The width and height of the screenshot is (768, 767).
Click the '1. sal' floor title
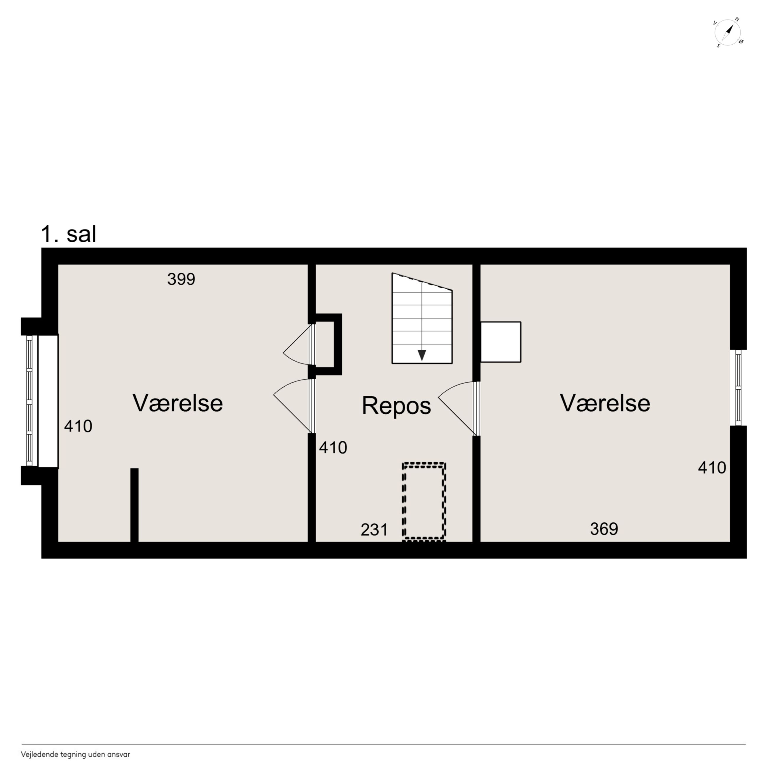(x=68, y=234)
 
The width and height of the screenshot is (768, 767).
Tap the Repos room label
(x=396, y=406)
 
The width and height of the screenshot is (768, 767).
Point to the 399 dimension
(x=181, y=279)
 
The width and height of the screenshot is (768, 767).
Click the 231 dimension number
(x=374, y=530)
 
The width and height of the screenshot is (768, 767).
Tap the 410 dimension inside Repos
(x=333, y=448)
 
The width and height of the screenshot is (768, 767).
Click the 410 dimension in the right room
(x=712, y=468)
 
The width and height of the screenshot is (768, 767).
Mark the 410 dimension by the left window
(x=78, y=426)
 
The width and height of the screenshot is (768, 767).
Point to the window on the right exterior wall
(x=738, y=388)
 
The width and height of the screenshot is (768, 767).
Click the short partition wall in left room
(x=134, y=505)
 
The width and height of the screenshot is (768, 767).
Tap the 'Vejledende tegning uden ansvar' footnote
(x=76, y=754)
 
